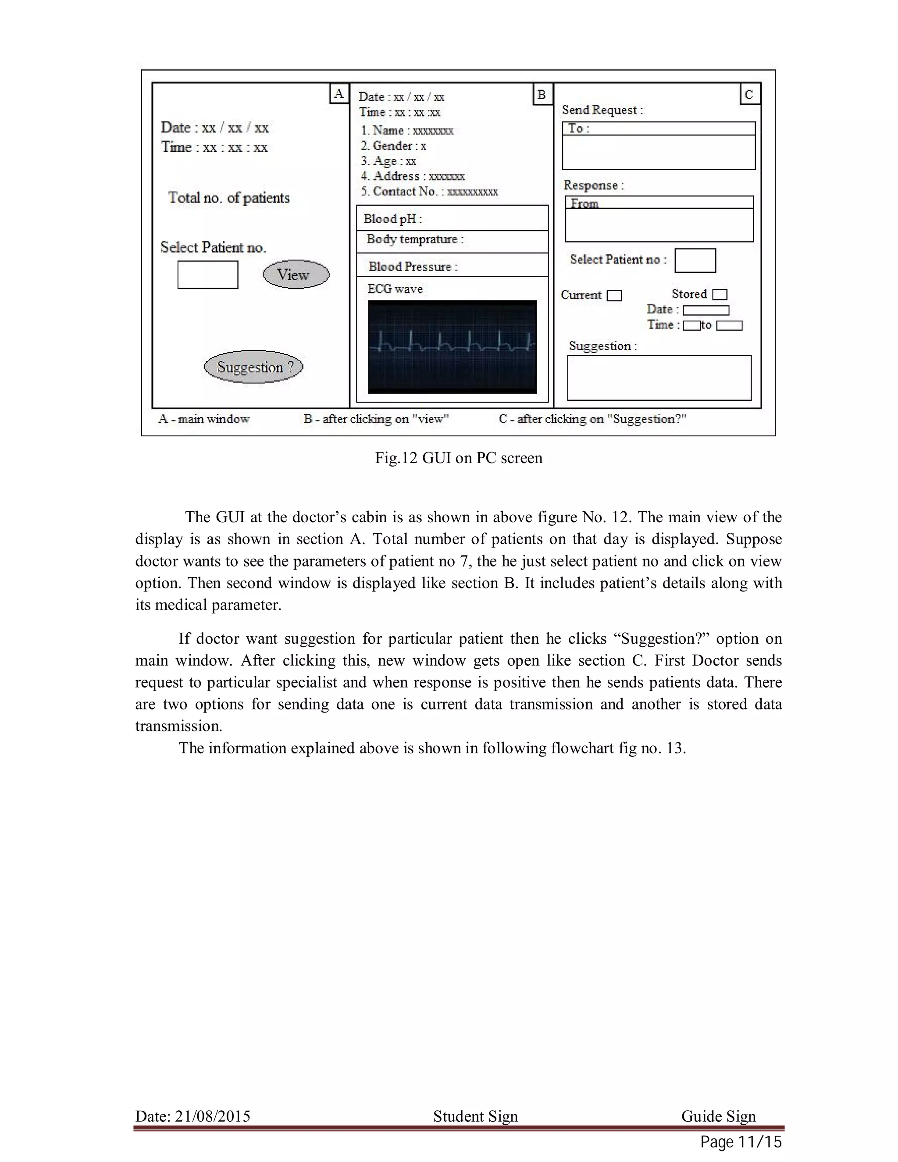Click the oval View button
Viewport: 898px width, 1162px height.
coord(296,274)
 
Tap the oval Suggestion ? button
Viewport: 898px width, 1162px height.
coord(254,367)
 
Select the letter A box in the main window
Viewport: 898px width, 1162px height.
coord(339,94)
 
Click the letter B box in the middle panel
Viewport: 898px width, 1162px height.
coord(542,95)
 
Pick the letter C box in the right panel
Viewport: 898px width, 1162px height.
coord(749,95)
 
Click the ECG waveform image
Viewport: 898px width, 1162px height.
coord(452,347)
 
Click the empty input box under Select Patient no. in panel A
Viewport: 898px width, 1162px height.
coord(207,274)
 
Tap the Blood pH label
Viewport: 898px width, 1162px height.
coord(392,219)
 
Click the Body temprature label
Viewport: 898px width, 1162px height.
coord(415,239)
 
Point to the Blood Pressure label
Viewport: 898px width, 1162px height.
coord(413,267)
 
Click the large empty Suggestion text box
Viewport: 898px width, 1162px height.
coord(659,378)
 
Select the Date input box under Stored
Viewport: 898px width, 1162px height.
coord(706,310)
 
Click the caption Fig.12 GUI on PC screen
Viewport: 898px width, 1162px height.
coord(459,458)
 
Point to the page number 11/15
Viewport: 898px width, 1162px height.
coord(759,1142)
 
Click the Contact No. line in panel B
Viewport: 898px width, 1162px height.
coord(429,192)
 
